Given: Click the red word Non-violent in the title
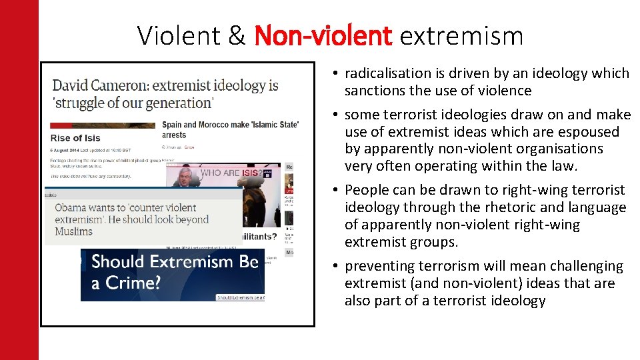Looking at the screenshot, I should click(323, 35).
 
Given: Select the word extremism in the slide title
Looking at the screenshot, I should click(461, 35).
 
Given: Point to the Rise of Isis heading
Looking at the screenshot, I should click(75, 138).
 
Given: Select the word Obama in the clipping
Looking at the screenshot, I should click(71, 207).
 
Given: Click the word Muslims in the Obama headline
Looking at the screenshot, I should click(74, 231).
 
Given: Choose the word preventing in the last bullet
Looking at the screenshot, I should click(377, 266).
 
